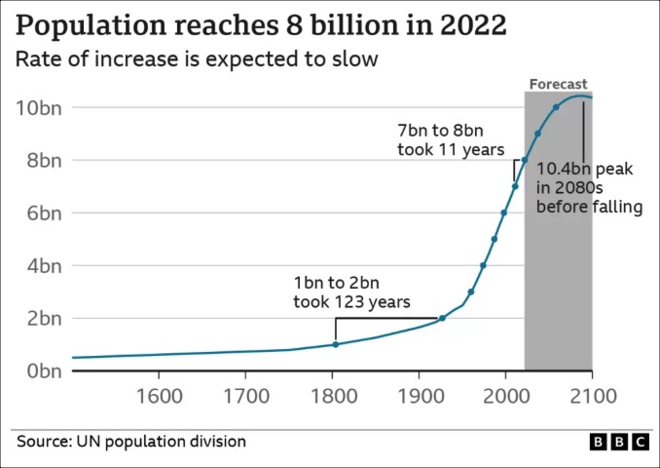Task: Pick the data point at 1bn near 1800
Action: point(335,344)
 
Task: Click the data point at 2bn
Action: point(442,318)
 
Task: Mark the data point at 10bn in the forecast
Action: point(556,107)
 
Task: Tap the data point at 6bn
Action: point(504,213)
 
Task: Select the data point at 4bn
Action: point(483,265)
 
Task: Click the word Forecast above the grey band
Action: point(558,85)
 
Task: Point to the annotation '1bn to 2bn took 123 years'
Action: point(351,292)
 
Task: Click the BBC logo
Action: point(619,442)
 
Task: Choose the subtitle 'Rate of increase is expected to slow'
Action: point(196,58)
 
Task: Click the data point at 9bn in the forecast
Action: point(537,134)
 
